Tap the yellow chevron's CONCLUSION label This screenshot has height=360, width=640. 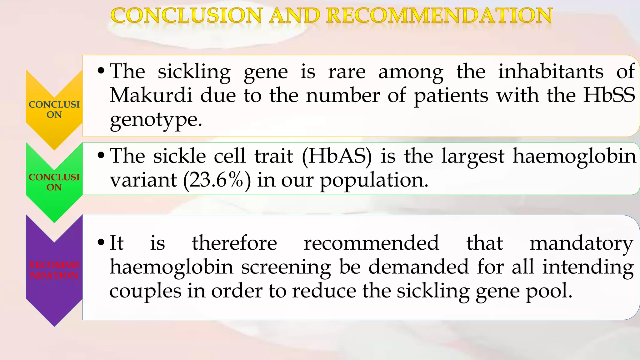[x=54, y=109]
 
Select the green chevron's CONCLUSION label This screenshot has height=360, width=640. [x=54, y=182]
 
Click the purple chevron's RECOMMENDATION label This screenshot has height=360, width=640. [x=54, y=270]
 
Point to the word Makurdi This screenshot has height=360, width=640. [x=151, y=95]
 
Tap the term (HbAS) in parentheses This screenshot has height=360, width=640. [x=337, y=156]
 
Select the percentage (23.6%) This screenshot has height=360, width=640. [x=217, y=180]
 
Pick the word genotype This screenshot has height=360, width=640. [x=156, y=119]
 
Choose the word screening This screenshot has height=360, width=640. [x=286, y=267]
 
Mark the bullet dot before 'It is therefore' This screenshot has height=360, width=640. [x=101, y=242]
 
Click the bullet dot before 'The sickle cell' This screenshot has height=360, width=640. [x=101, y=155]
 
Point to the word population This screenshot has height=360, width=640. [x=374, y=180]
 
